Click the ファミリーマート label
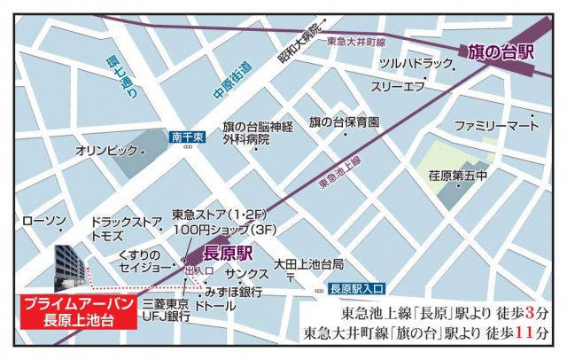[497, 126]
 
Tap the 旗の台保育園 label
[344, 121]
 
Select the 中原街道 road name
[233, 81]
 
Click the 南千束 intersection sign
[188, 137]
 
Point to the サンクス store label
[245, 274]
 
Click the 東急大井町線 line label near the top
[356, 42]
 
